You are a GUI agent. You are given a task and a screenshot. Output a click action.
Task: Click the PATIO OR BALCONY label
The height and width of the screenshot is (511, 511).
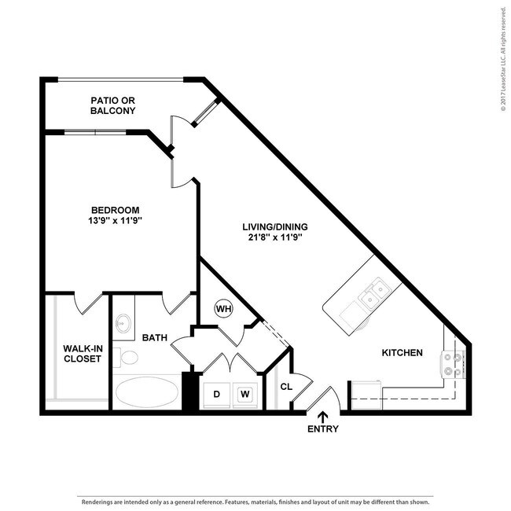click(x=113, y=106)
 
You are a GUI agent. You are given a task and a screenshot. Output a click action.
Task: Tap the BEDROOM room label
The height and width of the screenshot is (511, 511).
click(x=115, y=210)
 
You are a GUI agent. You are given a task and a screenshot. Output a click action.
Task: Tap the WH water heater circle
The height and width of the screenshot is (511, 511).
click(x=223, y=308)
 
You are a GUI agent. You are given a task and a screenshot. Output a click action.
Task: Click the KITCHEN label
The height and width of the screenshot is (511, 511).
click(x=403, y=353)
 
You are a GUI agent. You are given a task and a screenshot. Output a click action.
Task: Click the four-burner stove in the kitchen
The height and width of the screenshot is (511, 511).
click(x=453, y=364)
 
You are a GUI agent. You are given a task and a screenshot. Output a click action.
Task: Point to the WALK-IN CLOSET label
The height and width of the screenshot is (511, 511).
click(x=83, y=353)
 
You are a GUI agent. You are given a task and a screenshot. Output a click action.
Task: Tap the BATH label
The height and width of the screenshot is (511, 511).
click(x=154, y=338)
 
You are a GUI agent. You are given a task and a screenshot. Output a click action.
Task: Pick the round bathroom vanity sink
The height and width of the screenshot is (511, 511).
click(x=123, y=322)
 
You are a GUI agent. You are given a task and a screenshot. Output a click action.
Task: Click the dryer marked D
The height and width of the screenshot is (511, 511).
click(x=217, y=394)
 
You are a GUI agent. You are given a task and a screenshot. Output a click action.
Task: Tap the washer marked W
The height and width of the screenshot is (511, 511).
click(x=245, y=394)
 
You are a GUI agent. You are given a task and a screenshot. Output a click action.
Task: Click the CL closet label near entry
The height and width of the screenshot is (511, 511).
click(x=286, y=386)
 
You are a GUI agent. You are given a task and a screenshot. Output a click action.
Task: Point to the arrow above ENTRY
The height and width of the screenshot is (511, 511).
click(x=323, y=417)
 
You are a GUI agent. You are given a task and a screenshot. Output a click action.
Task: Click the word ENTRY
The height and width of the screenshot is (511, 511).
click(x=323, y=429)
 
